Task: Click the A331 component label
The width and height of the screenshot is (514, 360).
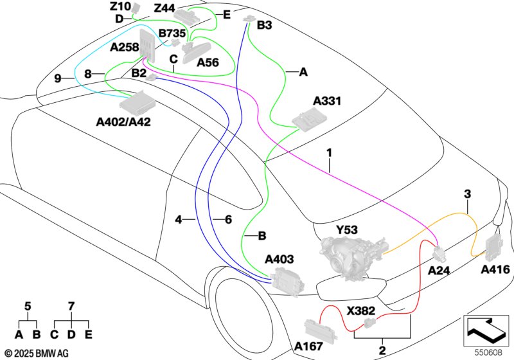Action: coord(327,102)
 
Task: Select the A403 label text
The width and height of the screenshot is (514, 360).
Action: coord(279,260)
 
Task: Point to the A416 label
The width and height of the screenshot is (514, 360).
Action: coord(496,269)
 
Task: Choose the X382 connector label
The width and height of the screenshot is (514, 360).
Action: coord(362,310)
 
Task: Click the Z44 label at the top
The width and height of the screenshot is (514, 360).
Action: coord(164,8)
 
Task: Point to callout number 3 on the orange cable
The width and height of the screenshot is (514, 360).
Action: coord(467,194)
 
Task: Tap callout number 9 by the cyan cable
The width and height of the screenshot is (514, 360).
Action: coord(58,78)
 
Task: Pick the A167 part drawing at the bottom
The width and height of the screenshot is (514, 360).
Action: coord(321,328)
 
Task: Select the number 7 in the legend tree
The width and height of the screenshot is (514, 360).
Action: coord(72,307)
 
